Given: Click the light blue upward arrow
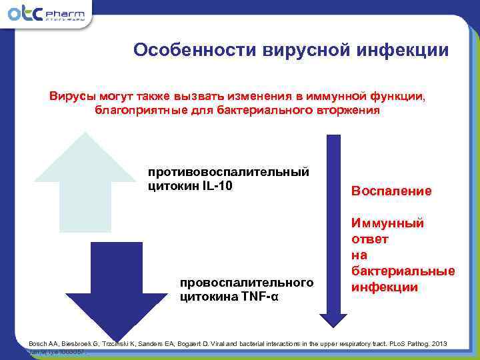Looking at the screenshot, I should point(84,180).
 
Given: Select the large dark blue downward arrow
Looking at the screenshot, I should point(116,287).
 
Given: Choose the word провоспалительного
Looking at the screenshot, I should point(247,283).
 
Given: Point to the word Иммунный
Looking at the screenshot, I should point(387,223).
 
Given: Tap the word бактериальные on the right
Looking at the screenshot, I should point(402,271).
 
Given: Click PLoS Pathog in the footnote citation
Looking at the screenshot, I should point(403,343).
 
